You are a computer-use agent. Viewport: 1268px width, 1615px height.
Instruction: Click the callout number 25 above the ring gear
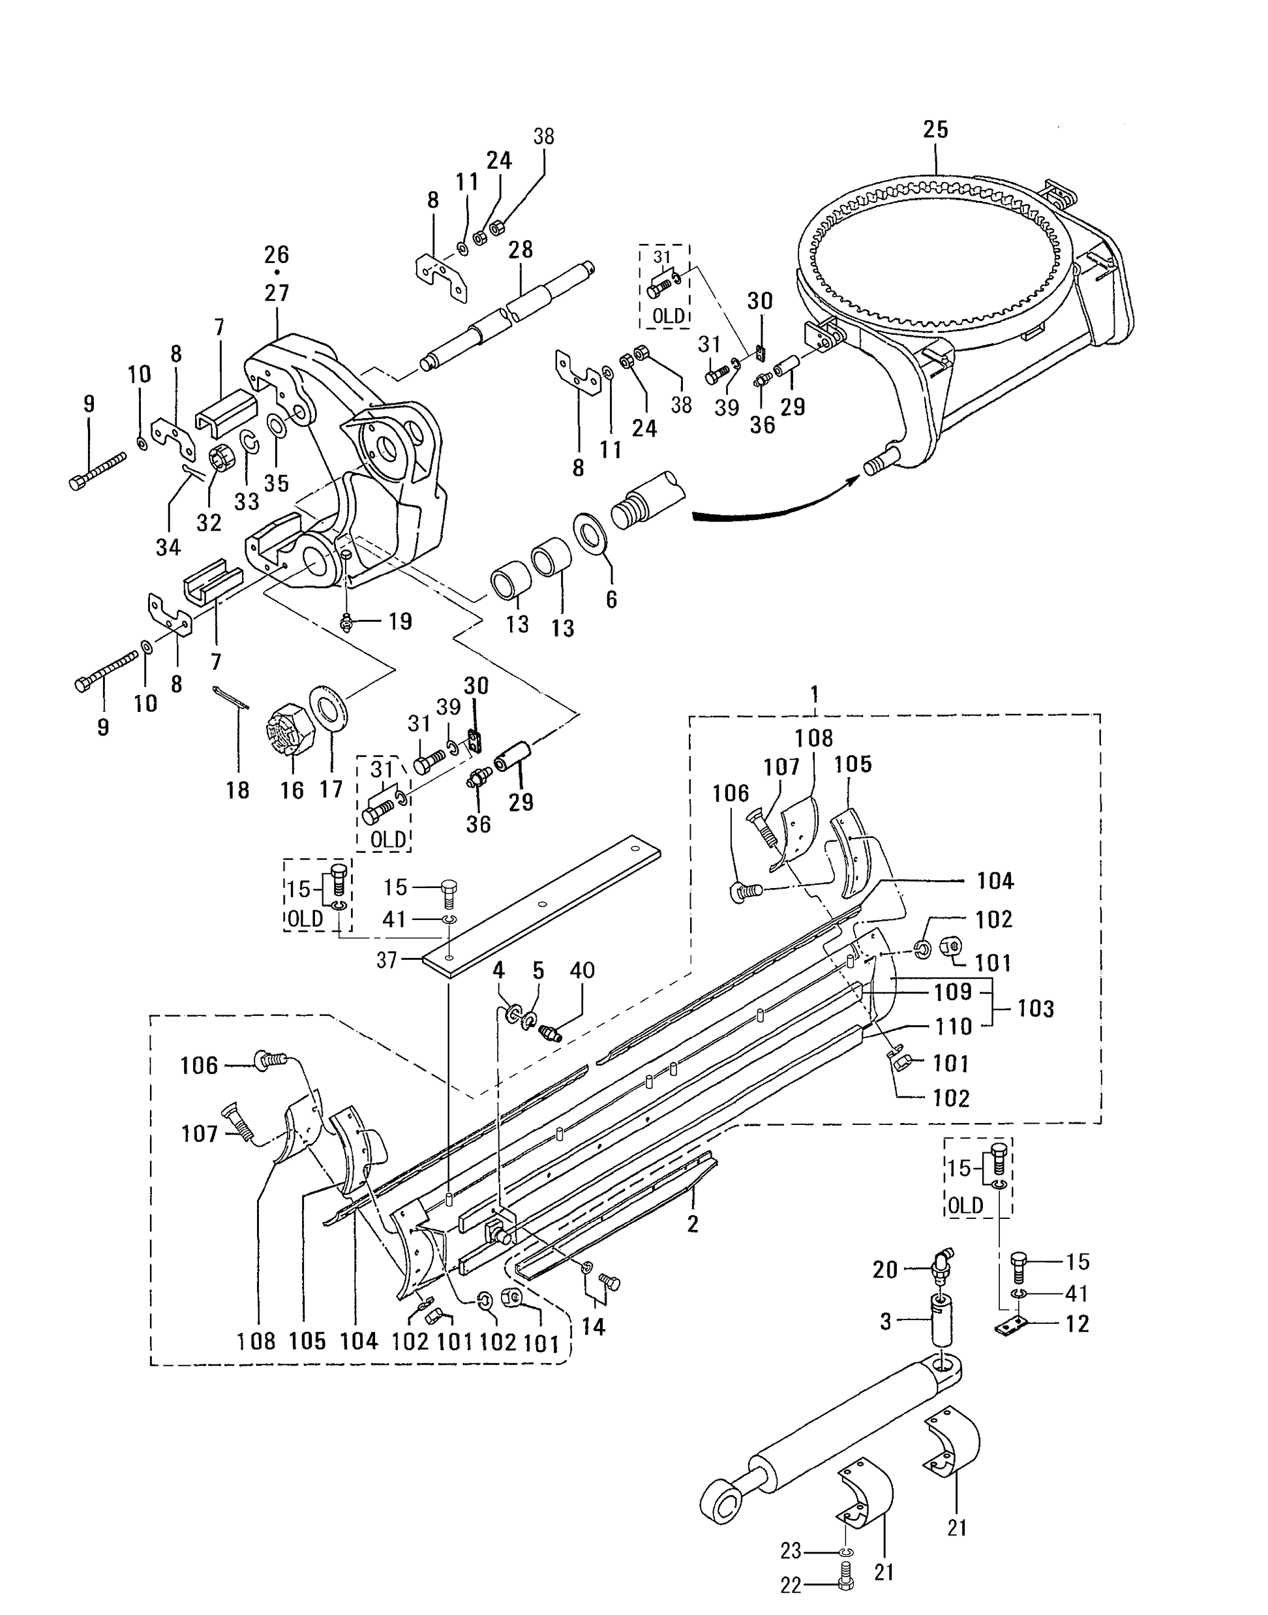(x=935, y=130)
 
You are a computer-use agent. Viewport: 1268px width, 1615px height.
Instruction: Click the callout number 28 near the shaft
(x=521, y=250)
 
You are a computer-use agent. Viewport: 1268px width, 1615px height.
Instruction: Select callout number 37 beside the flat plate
(x=386, y=961)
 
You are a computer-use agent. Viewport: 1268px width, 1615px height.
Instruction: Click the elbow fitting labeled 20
(x=941, y=1263)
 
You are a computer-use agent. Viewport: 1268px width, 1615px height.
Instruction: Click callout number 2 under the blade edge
(x=693, y=1223)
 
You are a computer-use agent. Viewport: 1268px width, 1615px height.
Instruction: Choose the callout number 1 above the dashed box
(x=815, y=694)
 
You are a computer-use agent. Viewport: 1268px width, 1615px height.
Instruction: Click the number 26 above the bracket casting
(x=276, y=254)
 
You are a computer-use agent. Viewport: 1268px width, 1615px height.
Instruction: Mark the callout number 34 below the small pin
(x=168, y=547)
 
